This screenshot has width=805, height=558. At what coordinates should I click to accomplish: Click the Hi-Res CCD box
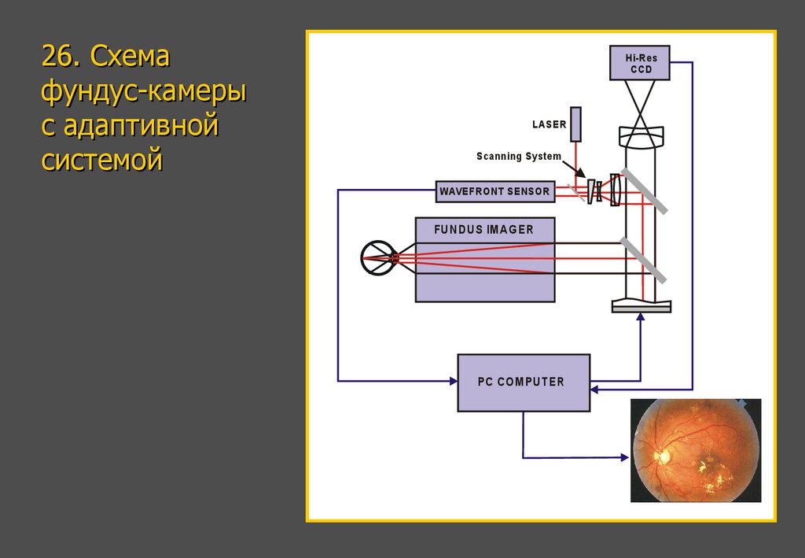pos(640,63)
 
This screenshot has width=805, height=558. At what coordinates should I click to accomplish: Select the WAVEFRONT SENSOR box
pos(494,190)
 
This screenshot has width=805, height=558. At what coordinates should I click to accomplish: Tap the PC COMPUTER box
pos(523,382)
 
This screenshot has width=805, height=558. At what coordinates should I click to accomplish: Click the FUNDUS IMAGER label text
pos(484,230)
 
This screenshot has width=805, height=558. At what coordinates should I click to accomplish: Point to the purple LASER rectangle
pos(576,124)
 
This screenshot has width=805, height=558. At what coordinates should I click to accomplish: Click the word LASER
pos(549,124)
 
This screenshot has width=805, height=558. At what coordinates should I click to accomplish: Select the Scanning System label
pos(519,156)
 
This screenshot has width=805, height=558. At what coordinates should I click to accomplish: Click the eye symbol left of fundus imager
pos(379,258)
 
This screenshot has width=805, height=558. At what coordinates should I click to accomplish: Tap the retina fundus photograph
pos(696,450)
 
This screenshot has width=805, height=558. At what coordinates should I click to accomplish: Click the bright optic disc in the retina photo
pos(662,455)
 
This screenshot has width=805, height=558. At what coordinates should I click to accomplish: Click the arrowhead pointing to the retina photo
pos(627,456)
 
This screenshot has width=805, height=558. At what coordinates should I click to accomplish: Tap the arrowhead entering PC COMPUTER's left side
pos(453,381)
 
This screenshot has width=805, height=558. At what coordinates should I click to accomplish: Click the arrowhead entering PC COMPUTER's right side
pos(594,389)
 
